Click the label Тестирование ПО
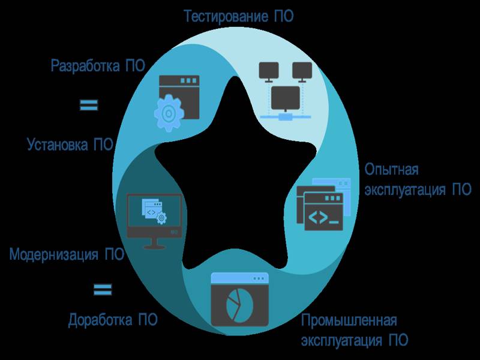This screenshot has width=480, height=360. coord(238,16)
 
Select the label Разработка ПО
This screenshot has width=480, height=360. coord(98,65)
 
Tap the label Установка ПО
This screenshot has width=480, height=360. coord(70,144)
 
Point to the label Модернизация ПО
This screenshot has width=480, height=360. coord(67,254)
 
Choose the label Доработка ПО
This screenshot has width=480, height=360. coord(113,320)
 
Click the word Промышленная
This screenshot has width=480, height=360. coord(349,320)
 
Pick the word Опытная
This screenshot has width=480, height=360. coord(391,169)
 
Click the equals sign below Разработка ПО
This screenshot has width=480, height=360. coord(89,105)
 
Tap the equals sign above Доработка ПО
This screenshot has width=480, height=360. coord(103,289)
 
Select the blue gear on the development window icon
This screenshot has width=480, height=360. coord(169,113)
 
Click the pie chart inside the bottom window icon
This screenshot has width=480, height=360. coord(239,305)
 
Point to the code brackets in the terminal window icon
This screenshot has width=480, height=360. coord(318,217)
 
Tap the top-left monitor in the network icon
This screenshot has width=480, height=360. coord(269,71)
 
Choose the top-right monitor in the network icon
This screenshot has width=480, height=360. coord(302,71)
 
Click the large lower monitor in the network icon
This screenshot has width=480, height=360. coord(286,98)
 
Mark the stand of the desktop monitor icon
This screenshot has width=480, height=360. coord(155,244)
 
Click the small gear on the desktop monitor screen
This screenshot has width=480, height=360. coord(161,218)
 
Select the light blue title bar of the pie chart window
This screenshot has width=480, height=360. coord(239,278)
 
